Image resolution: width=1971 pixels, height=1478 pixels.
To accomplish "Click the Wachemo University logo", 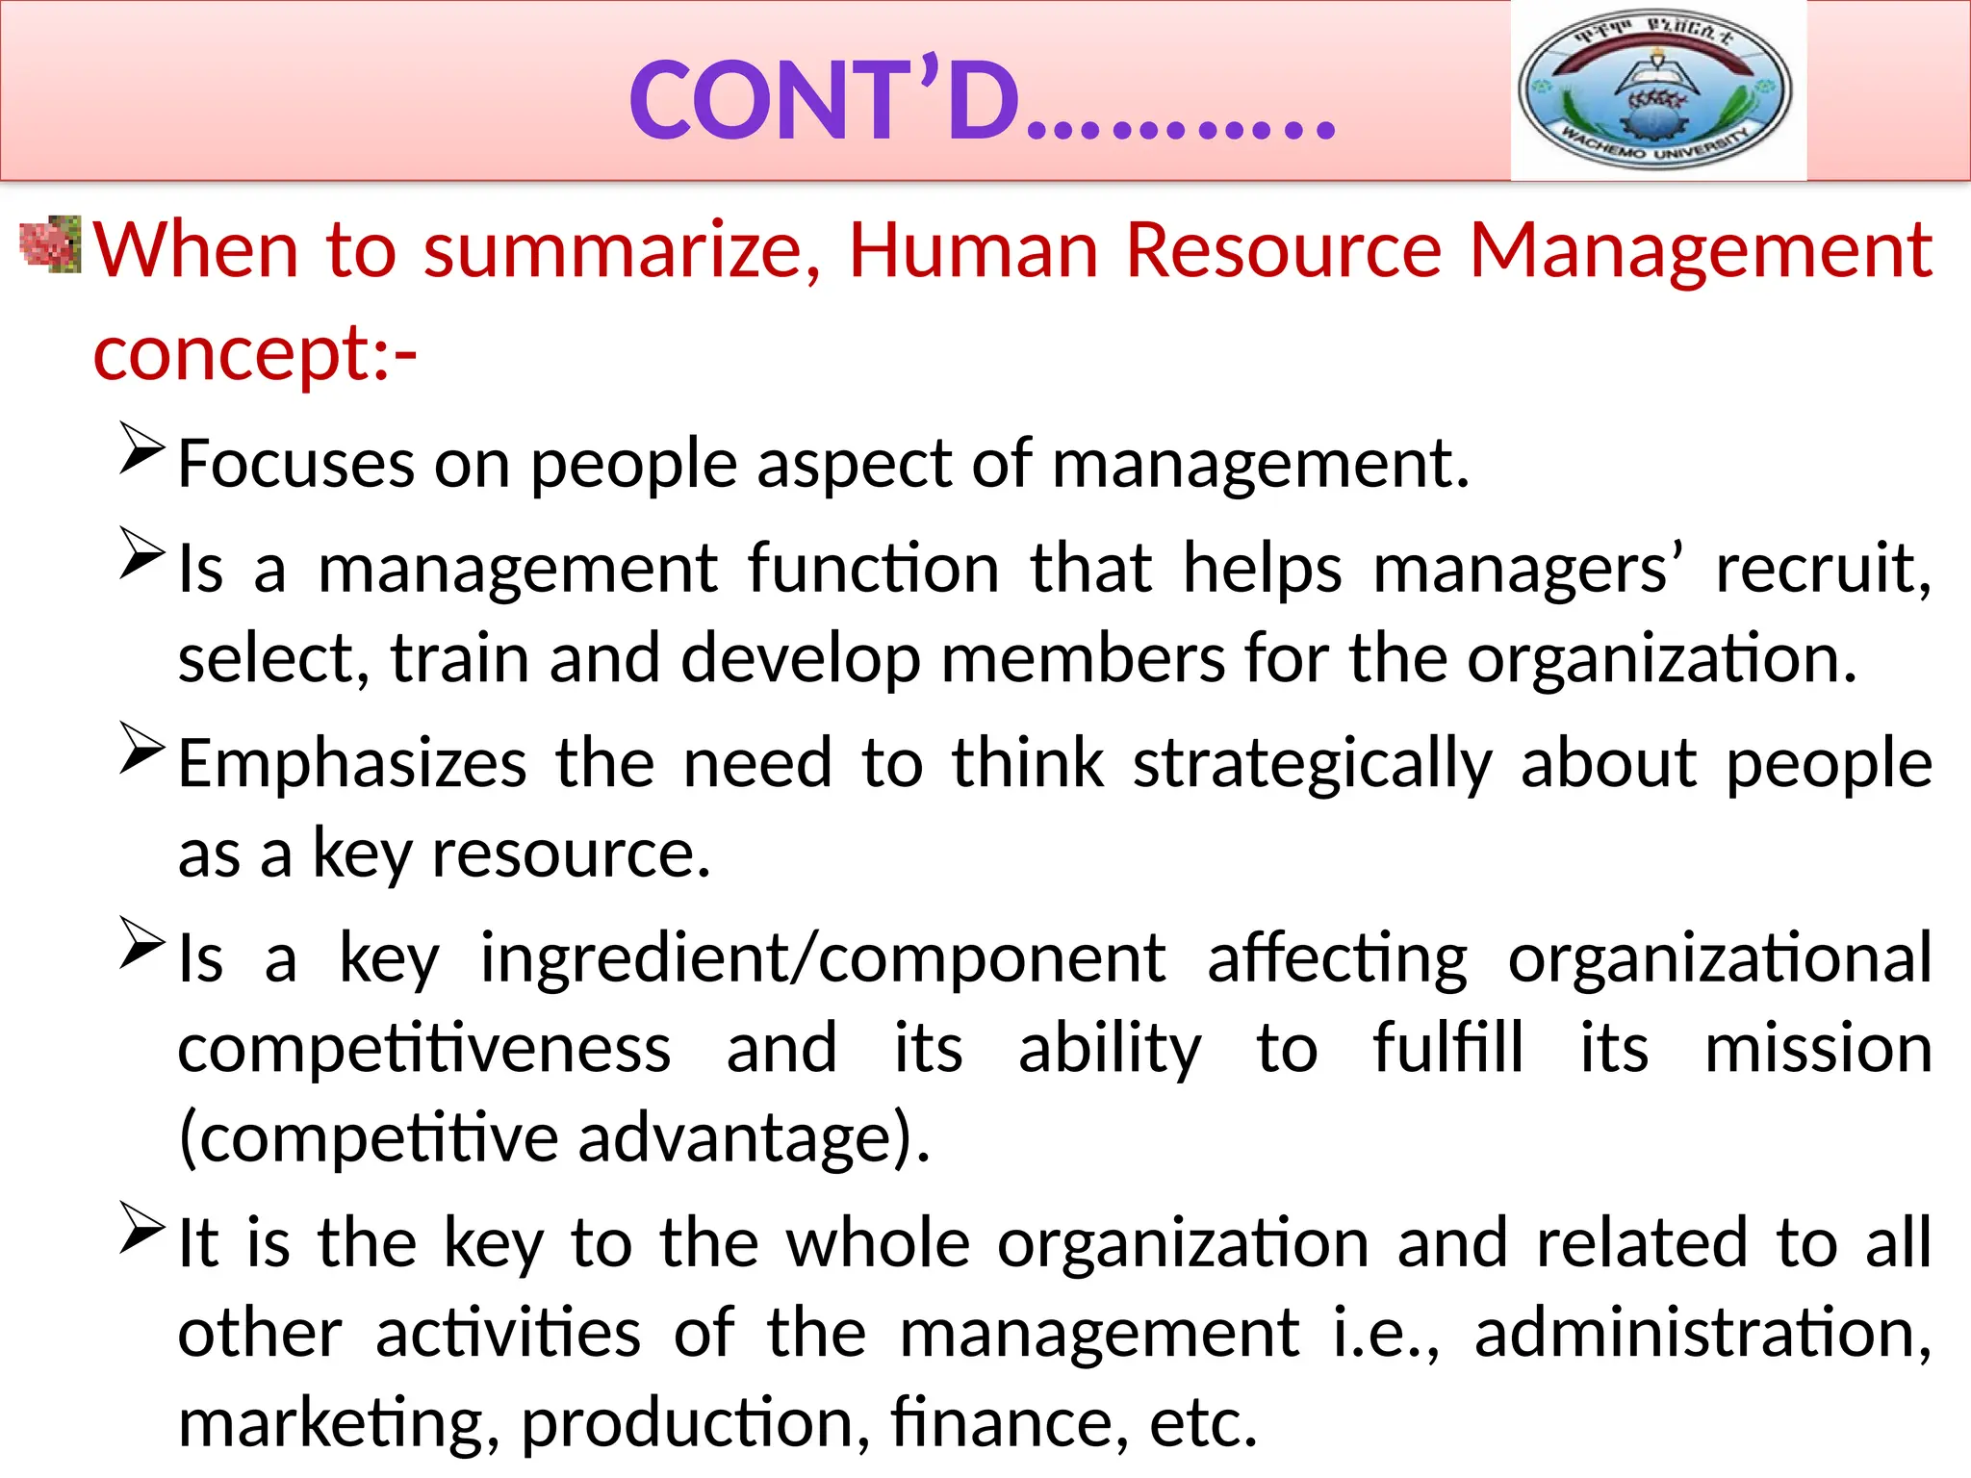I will point(1657,90).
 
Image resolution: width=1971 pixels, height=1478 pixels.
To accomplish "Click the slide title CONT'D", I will point(982,102).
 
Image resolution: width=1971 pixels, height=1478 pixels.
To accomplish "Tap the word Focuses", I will point(296,464).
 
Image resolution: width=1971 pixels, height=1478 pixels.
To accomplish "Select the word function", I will point(873,568).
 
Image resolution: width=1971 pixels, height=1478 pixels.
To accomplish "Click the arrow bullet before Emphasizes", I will point(142,748).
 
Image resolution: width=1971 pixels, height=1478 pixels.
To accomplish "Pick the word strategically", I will point(1312,765).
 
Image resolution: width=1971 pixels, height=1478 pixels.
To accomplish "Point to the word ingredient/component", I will point(823,958).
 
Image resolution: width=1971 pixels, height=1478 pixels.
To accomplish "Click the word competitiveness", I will point(424,1048).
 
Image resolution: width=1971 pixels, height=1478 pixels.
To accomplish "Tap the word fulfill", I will point(1447,1048).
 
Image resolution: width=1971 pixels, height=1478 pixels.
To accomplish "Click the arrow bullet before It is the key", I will point(142,1227).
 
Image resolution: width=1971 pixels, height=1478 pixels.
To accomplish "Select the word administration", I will point(1702,1334).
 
